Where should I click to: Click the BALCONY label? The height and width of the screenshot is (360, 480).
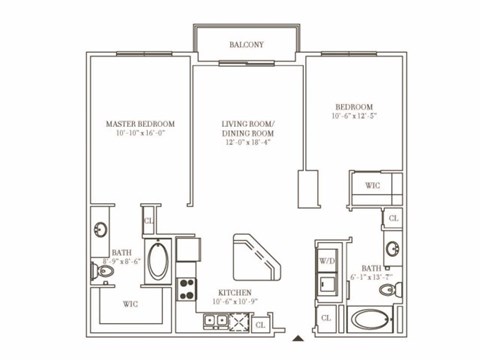click(x=246, y=46)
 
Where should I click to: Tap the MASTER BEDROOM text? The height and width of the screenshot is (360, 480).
click(x=140, y=125)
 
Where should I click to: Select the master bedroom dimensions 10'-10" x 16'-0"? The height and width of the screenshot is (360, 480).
click(x=140, y=134)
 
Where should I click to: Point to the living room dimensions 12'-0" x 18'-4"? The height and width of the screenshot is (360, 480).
click(x=247, y=142)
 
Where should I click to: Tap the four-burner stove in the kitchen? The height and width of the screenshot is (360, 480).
click(x=186, y=289)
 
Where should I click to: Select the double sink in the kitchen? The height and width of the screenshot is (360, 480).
click(x=217, y=320)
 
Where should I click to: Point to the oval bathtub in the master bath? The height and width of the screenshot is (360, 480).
click(x=160, y=261)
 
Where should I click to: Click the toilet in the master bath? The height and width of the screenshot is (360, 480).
click(x=106, y=271)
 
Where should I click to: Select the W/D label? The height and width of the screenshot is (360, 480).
click(x=327, y=261)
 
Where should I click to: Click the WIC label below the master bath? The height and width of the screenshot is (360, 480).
click(x=130, y=303)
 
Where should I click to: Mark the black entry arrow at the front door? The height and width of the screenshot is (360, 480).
click(x=297, y=338)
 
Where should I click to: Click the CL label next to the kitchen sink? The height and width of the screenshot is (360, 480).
click(x=260, y=323)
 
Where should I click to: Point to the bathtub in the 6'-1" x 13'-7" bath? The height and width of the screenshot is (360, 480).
click(x=375, y=321)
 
